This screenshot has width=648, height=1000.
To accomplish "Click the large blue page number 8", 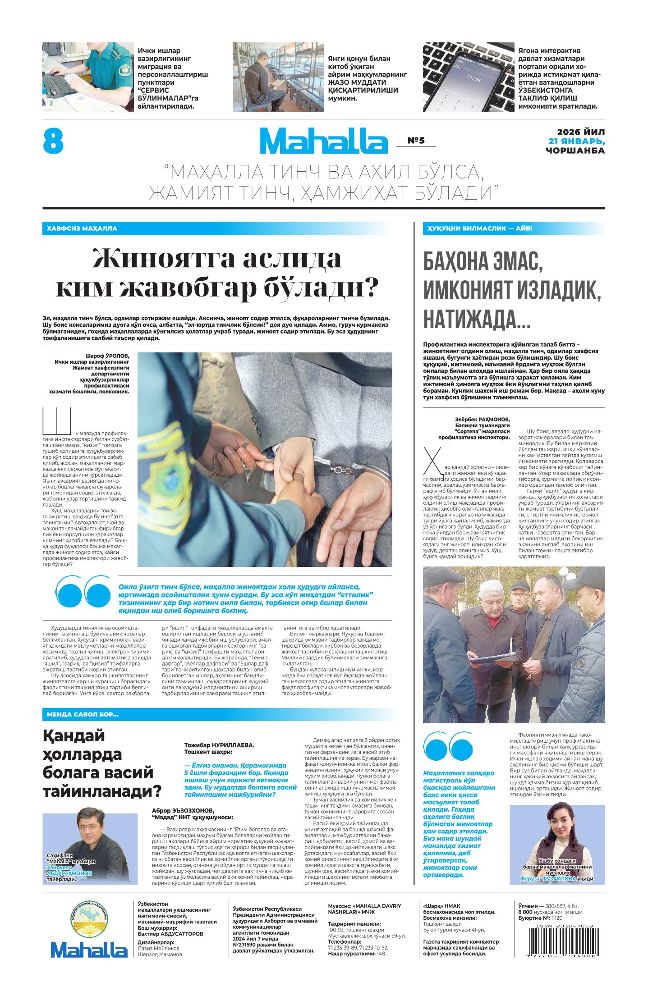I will (x=53, y=141).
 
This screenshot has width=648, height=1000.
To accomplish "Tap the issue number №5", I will (x=416, y=141).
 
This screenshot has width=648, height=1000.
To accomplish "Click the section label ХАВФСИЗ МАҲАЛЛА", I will (x=82, y=228).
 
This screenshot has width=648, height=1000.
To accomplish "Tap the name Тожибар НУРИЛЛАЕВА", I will (x=219, y=745).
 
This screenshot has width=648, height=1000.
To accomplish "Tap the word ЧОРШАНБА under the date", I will (x=575, y=151).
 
